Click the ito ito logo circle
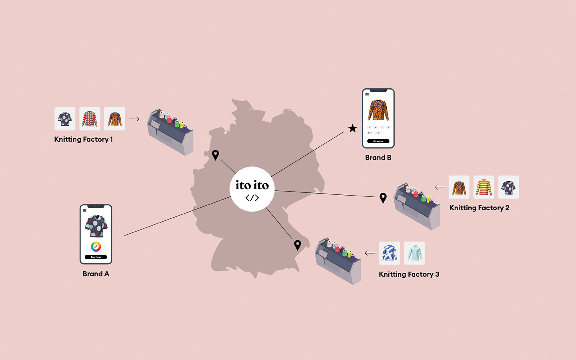click(x=252, y=189)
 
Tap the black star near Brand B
click(x=352, y=128)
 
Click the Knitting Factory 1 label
click(x=83, y=139)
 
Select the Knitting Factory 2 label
click(x=479, y=208)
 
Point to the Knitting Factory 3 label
click(x=409, y=274)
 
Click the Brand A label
click(x=96, y=274)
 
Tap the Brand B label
click(x=378, y=158)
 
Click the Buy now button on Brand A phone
click(x=96, y=257)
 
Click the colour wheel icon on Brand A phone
click(x=96, y=246)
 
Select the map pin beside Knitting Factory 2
click(x=383, y=197)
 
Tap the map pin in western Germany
click(x=216, y=154)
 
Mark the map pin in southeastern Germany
click(x=298, y=244)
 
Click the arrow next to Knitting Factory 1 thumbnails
click(x=134, y=119)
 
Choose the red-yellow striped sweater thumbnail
click(x=484, y=187)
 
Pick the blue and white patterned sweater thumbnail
click(x=389, y=253)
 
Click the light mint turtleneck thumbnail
click(x=414, y=253)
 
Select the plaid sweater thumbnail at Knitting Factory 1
click(x=90, y=119)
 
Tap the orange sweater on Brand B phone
click(x=378, y=110)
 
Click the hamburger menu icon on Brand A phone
click(x=84, y=210)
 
